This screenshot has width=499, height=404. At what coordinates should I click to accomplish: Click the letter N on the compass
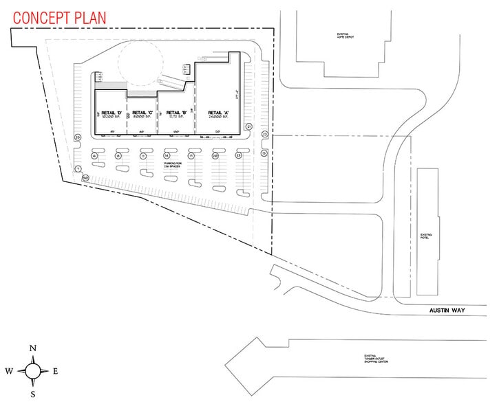(x=32, y=349)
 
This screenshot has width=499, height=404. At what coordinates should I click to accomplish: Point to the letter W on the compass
(x=10, y=371)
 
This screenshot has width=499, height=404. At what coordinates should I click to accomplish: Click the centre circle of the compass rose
(x=32, y=371)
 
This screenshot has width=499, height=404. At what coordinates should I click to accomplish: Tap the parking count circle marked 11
(x=142, y=157)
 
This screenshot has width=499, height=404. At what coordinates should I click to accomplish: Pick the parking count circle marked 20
(x=215, y=157)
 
